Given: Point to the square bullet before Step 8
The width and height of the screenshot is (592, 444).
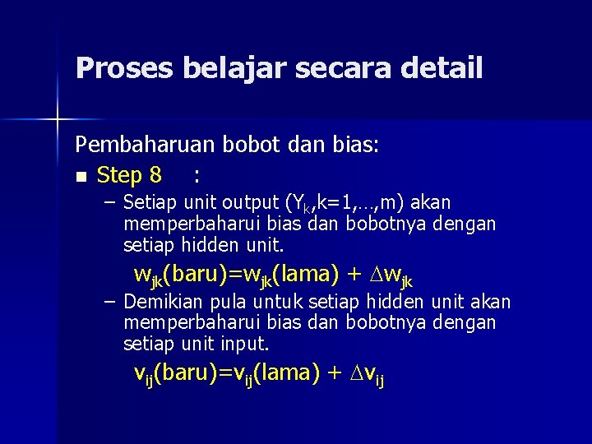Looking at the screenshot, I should (80, 176).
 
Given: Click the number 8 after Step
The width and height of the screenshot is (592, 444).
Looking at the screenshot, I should (155, 175).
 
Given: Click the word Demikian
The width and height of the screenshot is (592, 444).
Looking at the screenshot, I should (162, 302).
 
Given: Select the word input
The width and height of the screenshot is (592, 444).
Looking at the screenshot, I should (245, 343).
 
